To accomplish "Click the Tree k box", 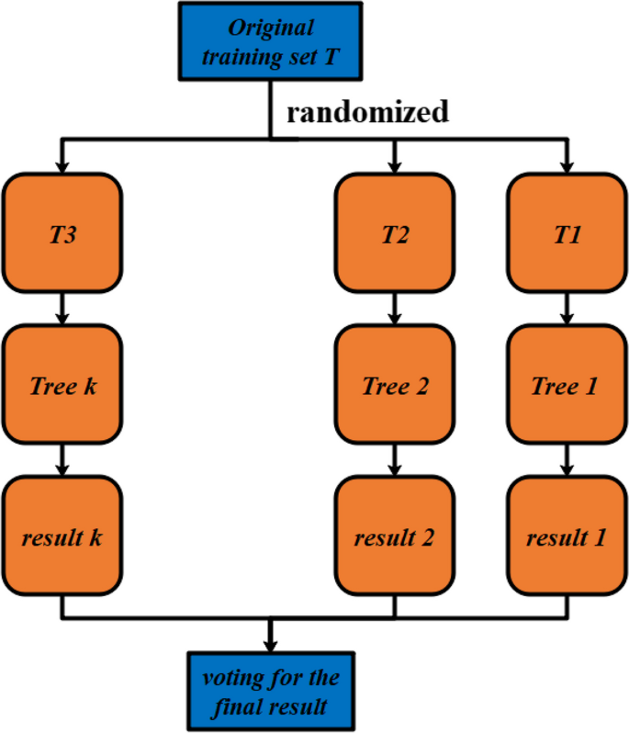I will (62, 385).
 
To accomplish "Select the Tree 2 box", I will (394, 385).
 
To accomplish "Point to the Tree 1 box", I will (567, 385).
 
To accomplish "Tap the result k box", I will (62, 536).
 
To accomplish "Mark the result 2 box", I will (394, 536).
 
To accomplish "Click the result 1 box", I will (567, 536).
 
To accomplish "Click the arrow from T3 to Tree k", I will (62, 309).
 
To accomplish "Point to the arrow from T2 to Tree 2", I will (394, 309).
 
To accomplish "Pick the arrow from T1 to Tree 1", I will (567, 309).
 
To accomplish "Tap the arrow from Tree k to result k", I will (62, 460).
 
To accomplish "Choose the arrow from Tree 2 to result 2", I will (394, 460).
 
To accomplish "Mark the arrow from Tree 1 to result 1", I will (567, 460).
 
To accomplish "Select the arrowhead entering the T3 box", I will (62, 165).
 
